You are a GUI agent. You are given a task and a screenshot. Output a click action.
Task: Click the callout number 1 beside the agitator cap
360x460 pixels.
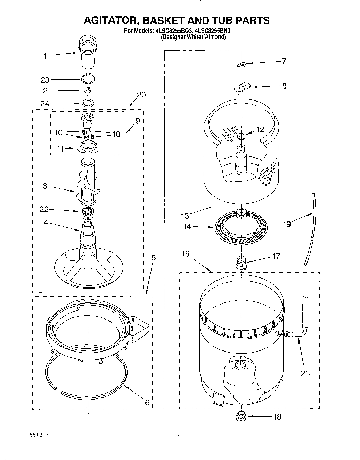(45, 56)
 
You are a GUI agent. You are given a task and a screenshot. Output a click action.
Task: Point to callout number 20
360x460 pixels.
(141, 95)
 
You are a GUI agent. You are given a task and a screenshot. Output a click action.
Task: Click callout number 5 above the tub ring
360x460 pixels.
(153, 258)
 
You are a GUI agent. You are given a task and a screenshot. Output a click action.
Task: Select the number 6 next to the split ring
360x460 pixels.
(147, 402)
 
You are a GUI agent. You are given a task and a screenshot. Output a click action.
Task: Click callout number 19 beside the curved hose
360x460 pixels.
(287, 224)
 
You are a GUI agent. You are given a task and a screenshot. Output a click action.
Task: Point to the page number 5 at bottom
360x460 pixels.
(177, 434)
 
